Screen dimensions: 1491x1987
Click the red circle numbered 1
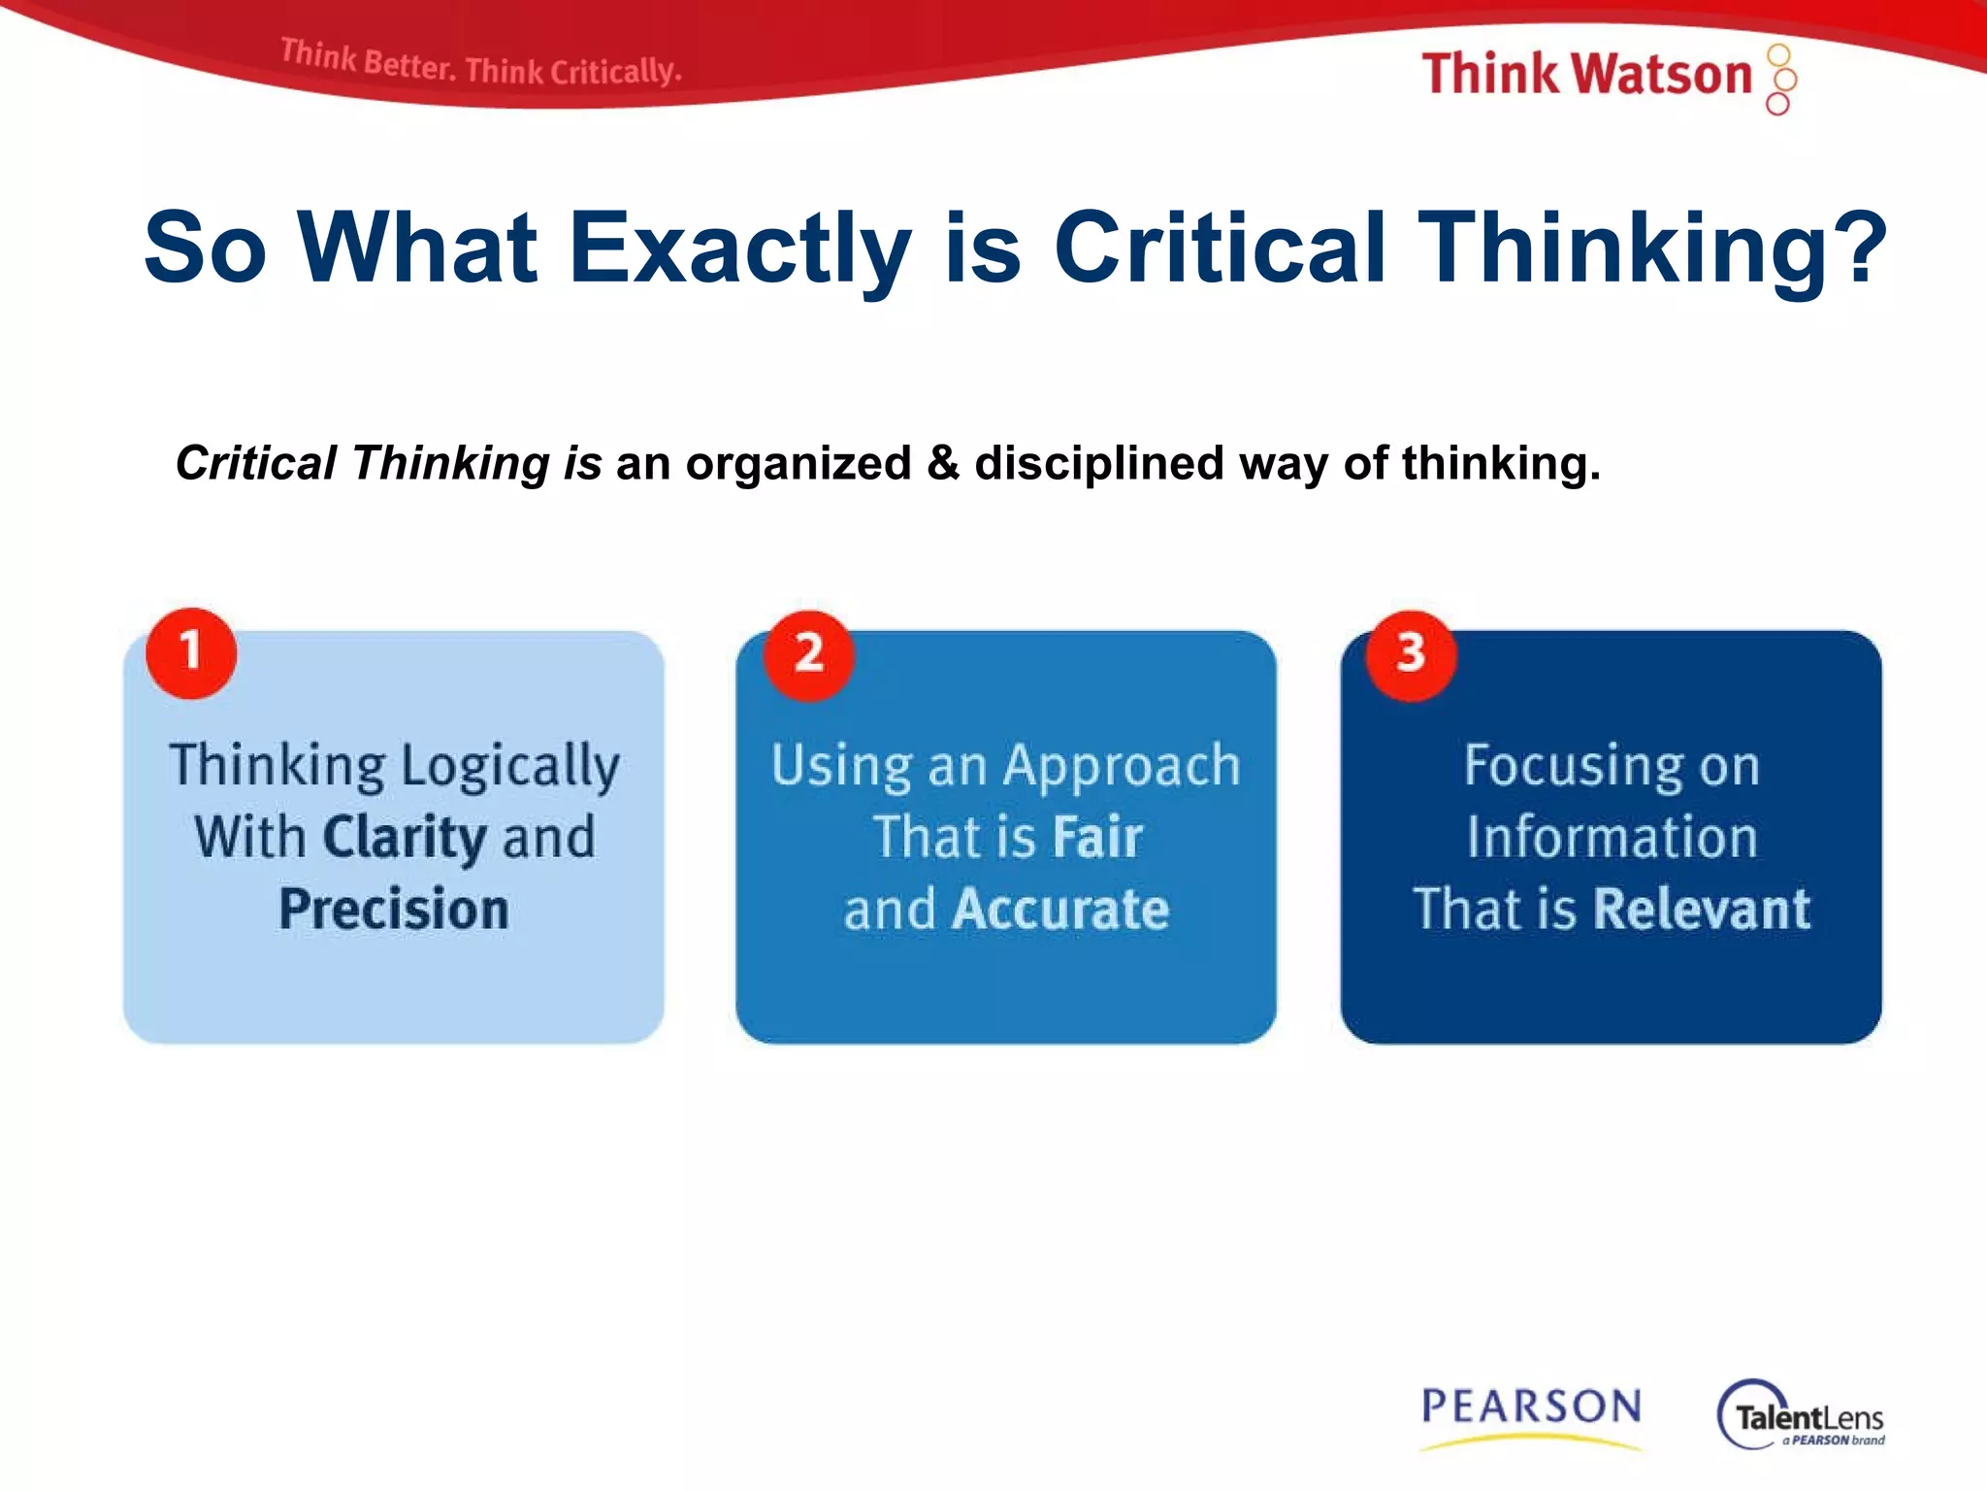tap(191, 653)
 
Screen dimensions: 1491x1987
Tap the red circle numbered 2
tap(808, 654)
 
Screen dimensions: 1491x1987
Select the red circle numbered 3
tap(1411, 654)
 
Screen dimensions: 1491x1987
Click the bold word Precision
tap(394, 910)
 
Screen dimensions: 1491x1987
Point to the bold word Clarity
tap(405, 838)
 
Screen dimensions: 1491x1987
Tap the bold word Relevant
tap(1702, 910)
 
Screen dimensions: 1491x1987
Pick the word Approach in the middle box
tap(1122, 767)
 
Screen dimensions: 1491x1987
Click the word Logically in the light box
tap(510, 767)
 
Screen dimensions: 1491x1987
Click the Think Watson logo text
tap(1586, 75)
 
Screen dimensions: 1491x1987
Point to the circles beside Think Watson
tap(1780, 79)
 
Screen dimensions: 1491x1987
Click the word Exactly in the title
tap(739, 248)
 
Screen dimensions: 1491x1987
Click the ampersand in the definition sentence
tap(942, 463)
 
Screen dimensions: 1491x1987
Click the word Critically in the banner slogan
tap(615, 71)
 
